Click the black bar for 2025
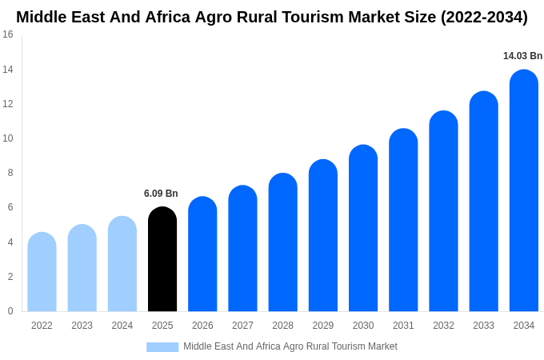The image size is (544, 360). point(162,259)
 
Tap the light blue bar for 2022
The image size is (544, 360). point(42,272)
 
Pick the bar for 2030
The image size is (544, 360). point(363,228)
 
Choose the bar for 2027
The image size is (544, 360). point(242,248)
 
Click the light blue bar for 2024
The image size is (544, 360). point(122,264)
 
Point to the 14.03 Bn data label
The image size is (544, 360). point(522,56)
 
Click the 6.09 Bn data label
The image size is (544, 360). point(161,194)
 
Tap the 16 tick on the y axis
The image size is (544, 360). point(8,34)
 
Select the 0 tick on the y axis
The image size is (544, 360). point(10,311)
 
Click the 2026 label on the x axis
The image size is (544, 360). point(202,326)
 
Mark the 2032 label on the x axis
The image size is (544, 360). point(443,326)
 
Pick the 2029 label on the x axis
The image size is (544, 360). point(322,326)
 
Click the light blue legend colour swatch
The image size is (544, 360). point(162,347)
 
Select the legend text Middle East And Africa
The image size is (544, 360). point(232,346)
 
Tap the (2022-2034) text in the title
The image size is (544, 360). point(484,17)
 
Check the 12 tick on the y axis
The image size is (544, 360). point(8,104)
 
